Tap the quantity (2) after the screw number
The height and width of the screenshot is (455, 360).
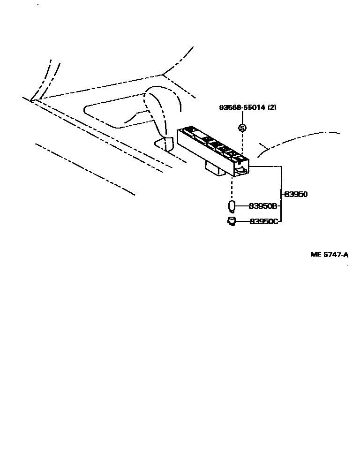272,107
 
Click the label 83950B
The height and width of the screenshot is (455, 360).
263,206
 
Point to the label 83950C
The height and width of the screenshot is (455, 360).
263,221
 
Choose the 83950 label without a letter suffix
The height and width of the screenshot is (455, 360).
296,194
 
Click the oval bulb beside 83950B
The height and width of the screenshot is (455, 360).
231,206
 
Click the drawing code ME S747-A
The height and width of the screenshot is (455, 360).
330,255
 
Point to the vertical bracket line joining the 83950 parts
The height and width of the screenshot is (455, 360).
281,194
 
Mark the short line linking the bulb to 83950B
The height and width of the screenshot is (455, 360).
242,206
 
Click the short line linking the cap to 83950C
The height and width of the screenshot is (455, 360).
242,221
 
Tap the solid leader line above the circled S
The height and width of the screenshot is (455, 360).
242,117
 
